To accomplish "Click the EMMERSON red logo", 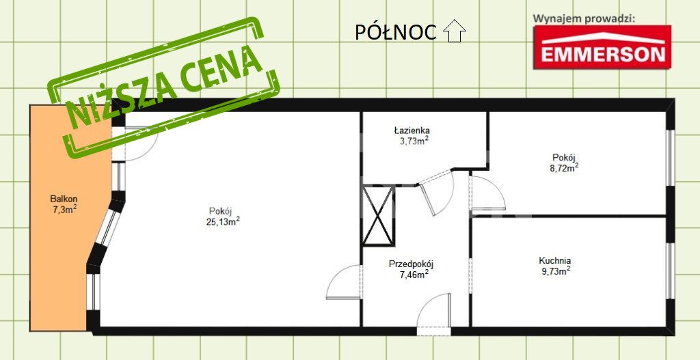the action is click(602, 47).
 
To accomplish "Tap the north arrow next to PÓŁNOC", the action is click(455, 31).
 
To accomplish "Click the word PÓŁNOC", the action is click(396, 32).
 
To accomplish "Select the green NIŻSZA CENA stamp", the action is click(163, 87).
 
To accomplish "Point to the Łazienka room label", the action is click(412, 130).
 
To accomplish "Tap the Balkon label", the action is click(62, 200).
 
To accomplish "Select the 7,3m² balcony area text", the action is click(63, 210).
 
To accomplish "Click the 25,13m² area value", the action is click(224, 221).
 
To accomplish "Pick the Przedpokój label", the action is click(411, 264).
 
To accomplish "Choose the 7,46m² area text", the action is click(414, 274).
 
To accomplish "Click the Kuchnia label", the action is click(555, 261).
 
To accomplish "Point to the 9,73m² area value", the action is click(556, 271).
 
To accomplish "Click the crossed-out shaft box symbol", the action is click(378, 216).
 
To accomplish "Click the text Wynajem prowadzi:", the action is click(584, 18).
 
